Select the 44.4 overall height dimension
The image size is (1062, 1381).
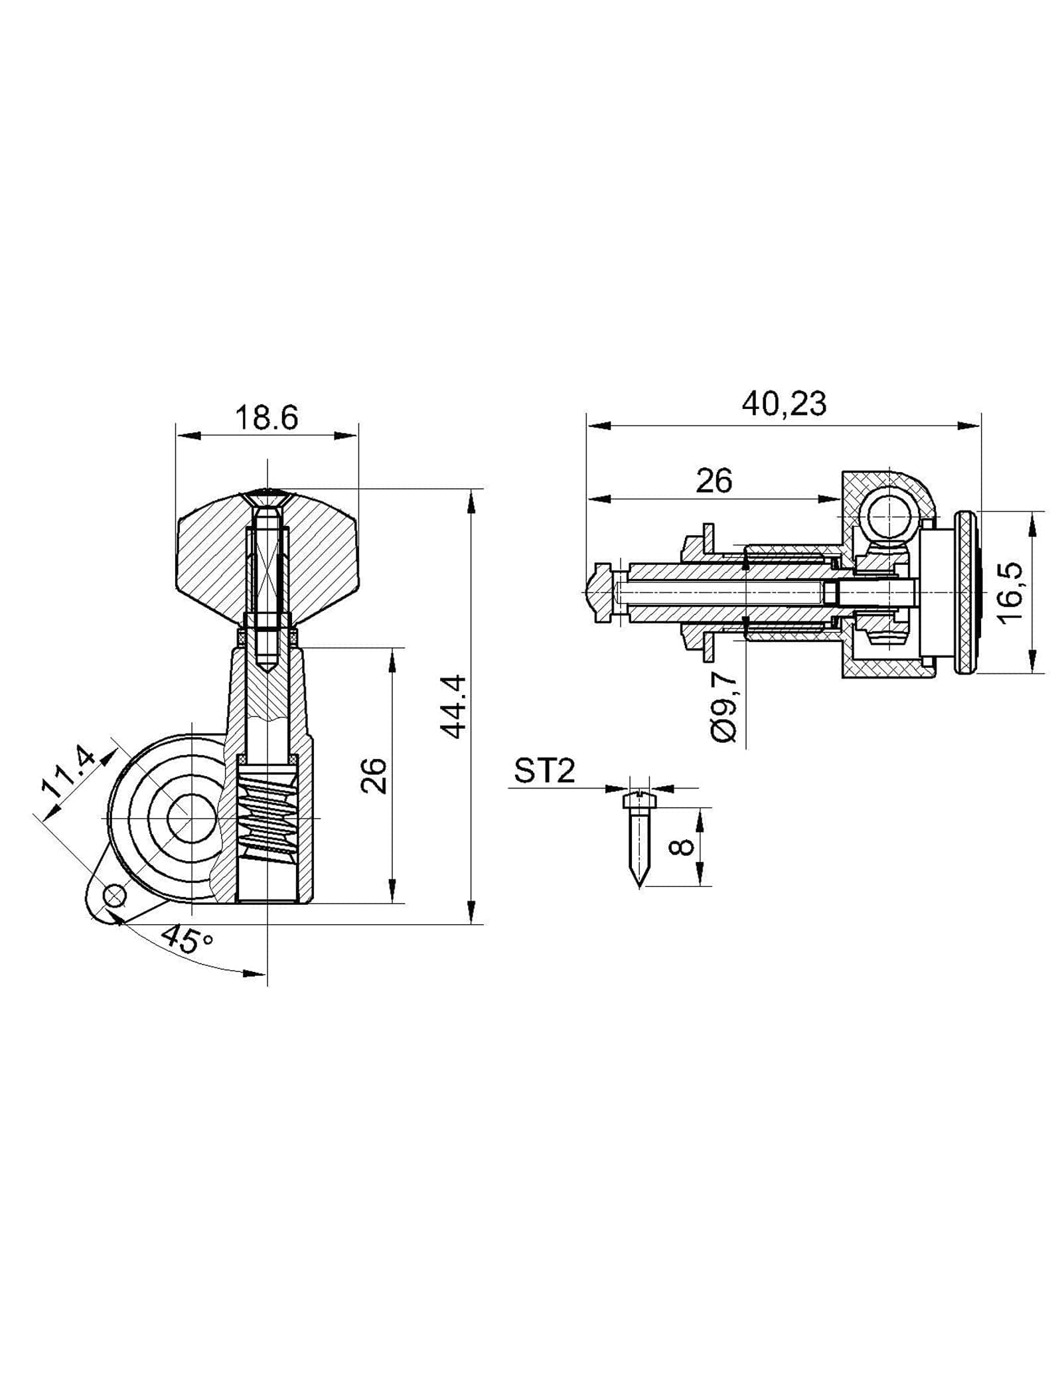455,706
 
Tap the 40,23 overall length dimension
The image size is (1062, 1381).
784,404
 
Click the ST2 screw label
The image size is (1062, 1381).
544,772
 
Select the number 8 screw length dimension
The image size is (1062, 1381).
684,847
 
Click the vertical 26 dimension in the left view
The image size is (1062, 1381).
375,775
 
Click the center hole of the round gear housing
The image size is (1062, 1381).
191,819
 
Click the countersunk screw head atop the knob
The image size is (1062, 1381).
267,495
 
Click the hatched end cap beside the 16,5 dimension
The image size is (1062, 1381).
966,592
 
